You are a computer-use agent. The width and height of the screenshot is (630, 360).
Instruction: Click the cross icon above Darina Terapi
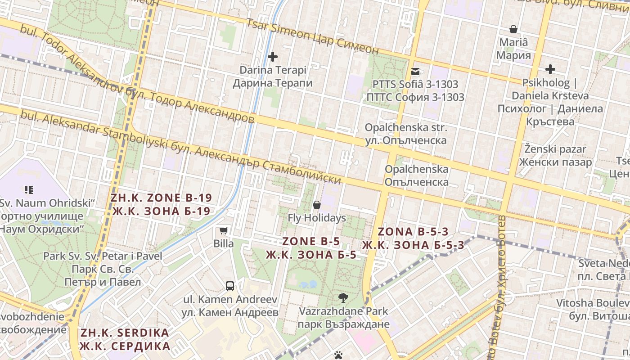point(272,57)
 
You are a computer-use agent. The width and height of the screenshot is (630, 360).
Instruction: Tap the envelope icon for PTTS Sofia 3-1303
point(415,71)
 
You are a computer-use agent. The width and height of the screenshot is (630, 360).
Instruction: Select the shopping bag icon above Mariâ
point(513,30)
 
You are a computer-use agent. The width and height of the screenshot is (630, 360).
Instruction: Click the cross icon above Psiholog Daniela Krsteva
point(550,69)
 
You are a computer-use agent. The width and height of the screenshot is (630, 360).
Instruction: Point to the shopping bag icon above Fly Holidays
point(317,205)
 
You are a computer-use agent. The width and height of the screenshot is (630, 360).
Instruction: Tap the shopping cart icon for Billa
point(224,231)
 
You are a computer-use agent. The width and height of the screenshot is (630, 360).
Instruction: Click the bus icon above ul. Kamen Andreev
point(230,286)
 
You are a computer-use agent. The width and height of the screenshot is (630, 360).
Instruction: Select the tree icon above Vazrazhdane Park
point(343,297)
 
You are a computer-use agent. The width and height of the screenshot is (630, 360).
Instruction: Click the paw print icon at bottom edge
point(338,355)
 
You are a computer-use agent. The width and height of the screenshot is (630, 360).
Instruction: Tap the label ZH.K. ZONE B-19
point(161,204)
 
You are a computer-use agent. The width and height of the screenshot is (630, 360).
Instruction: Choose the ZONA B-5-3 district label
point(413,238)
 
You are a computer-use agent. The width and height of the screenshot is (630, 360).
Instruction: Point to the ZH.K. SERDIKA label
point(125,340)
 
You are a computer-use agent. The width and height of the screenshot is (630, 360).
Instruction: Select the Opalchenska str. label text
point(406,134)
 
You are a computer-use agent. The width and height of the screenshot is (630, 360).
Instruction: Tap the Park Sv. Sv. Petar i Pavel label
point(103,269)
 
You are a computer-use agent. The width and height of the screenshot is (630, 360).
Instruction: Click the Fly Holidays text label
point(317,218)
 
